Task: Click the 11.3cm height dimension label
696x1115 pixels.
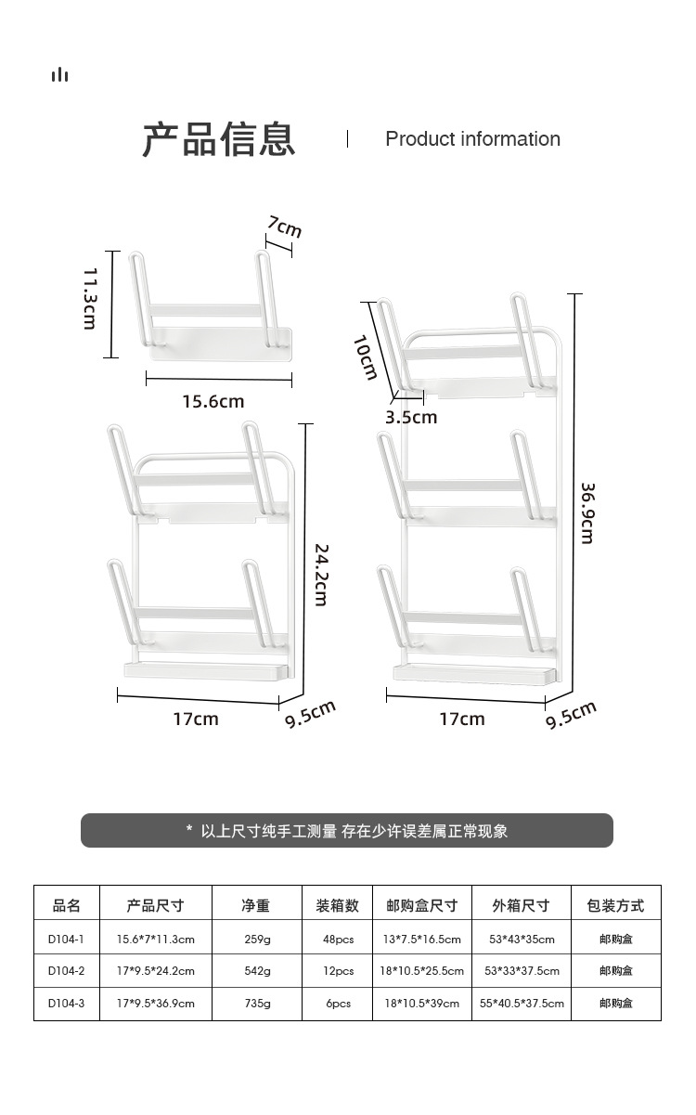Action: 90,298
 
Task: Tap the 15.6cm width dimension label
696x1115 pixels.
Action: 213,401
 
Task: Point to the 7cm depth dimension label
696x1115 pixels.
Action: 285,227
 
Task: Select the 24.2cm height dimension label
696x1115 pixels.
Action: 320,575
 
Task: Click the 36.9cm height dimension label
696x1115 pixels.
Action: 587,512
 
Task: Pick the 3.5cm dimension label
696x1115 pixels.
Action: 411,417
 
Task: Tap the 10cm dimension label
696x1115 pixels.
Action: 366,357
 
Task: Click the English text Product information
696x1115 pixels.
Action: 472,139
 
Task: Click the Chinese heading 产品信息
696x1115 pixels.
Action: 219,139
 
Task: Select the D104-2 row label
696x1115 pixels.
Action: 66,971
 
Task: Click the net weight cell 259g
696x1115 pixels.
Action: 257,939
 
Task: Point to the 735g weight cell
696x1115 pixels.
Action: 257,1004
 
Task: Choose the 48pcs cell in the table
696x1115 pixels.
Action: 338,939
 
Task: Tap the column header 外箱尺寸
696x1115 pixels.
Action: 521,905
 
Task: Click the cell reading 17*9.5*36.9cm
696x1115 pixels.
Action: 155,1004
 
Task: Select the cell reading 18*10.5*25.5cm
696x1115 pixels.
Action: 421,971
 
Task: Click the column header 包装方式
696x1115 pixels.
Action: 615,905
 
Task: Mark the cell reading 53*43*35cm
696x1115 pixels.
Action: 522,939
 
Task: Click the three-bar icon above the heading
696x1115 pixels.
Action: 60,74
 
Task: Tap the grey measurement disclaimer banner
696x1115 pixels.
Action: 347,831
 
